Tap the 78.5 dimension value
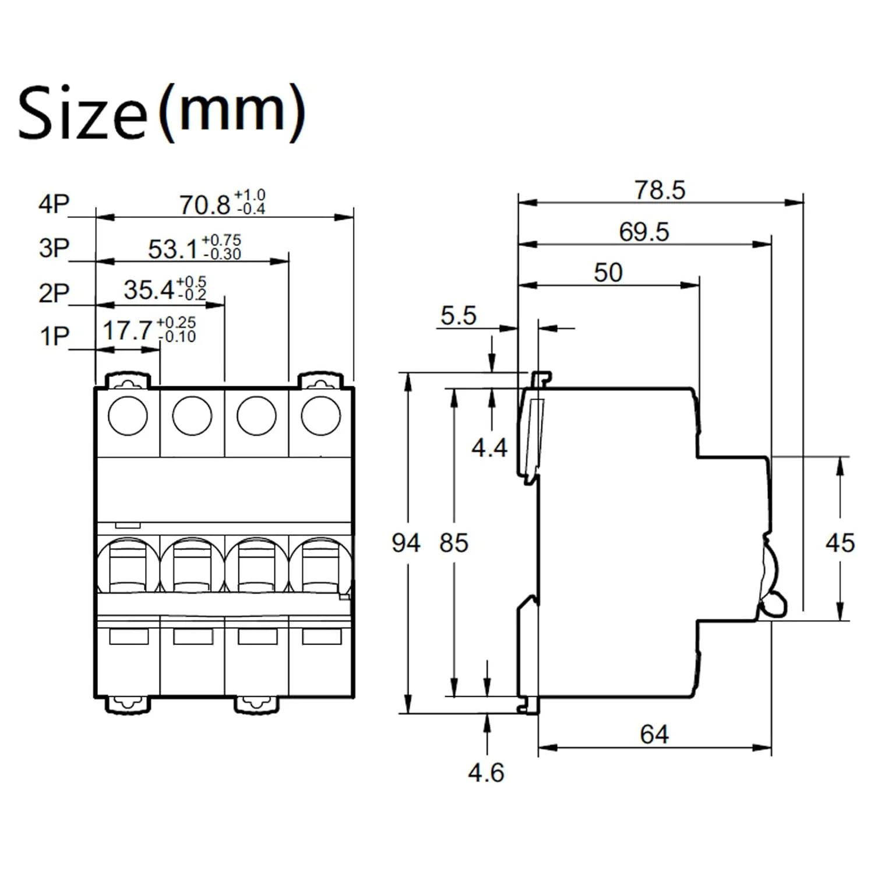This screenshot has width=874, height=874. pos(660,190)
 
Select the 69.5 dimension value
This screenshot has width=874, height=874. pos(644,232)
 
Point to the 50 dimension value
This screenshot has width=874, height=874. pos(608,273)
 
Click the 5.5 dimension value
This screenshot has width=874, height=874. pos(458,316)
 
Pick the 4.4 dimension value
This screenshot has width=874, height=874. pos(489,447)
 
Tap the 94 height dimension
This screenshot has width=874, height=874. pos(406,543)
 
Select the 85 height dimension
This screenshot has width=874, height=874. pos(454,543)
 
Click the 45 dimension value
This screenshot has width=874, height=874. pos(840,543)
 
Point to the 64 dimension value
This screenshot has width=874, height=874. pos(654,734)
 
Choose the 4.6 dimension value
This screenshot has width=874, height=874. pos(486,773)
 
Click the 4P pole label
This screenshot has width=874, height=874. pos(54,205)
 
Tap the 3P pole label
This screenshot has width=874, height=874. pos(54,248)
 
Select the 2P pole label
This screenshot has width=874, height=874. pos(54,292)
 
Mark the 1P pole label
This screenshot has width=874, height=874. pos(54,336)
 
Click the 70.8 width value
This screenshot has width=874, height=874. pos(205,205)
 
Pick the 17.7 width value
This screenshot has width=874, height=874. pos(128,331)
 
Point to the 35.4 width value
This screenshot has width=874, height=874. pos(149,290)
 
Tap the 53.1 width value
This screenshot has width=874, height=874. pos(173,249)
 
